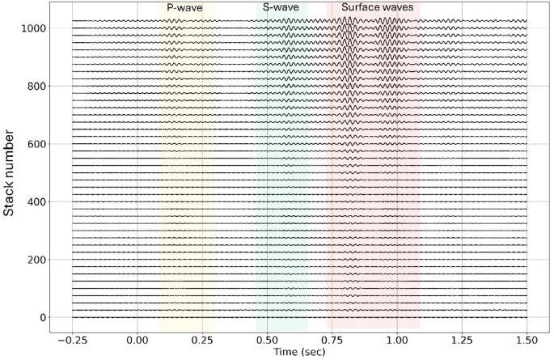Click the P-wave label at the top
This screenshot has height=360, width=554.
pos(184,7)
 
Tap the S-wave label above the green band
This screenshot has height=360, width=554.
pos(281,7)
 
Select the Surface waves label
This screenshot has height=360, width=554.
pos(377,7)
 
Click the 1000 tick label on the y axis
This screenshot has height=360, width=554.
pos(33,28)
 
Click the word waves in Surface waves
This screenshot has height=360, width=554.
pos(396,7)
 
